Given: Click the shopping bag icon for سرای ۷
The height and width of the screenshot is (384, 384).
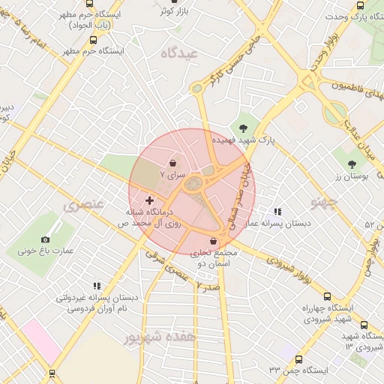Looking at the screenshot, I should (173, 162).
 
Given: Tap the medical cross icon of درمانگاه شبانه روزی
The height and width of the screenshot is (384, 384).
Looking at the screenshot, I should (149, 200).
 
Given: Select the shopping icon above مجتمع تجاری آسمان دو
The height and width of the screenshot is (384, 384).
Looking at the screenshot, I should (215, 241).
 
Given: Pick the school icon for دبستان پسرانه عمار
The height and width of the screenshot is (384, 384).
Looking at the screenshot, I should (278, 212).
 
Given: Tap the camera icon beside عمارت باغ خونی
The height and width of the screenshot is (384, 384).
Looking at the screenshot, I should (45, 239).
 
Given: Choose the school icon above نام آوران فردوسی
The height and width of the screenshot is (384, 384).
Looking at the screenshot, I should (96, 286).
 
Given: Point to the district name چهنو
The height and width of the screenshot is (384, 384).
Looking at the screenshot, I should (324, 202).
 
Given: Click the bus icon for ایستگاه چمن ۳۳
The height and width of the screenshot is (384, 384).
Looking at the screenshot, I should (298, 359).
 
